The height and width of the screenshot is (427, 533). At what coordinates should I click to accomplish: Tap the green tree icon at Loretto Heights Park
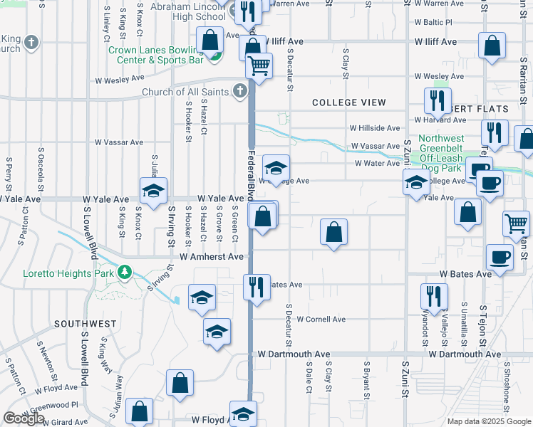coord(125,273)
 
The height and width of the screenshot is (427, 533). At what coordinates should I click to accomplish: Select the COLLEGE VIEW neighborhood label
coord(349,102)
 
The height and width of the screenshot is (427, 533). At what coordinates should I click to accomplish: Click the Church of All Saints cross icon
coord(240,91)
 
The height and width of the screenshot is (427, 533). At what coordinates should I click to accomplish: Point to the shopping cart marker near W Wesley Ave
coord(259,66)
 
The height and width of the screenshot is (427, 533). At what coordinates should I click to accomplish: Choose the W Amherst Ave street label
coord(212,256)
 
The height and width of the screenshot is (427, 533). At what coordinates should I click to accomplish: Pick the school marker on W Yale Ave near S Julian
coord(153,191)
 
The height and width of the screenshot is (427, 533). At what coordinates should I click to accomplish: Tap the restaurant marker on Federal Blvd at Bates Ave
coord(255,287)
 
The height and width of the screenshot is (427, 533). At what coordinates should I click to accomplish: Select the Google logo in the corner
coord(23,419)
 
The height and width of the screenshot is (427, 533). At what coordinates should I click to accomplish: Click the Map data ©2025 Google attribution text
coord(488,421)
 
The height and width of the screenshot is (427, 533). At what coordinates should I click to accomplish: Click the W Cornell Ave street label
coord(321,319)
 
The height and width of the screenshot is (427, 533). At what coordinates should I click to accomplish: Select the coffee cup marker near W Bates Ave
coord(500,257)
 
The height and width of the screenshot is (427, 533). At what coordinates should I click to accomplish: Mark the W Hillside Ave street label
coord(374,128)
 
